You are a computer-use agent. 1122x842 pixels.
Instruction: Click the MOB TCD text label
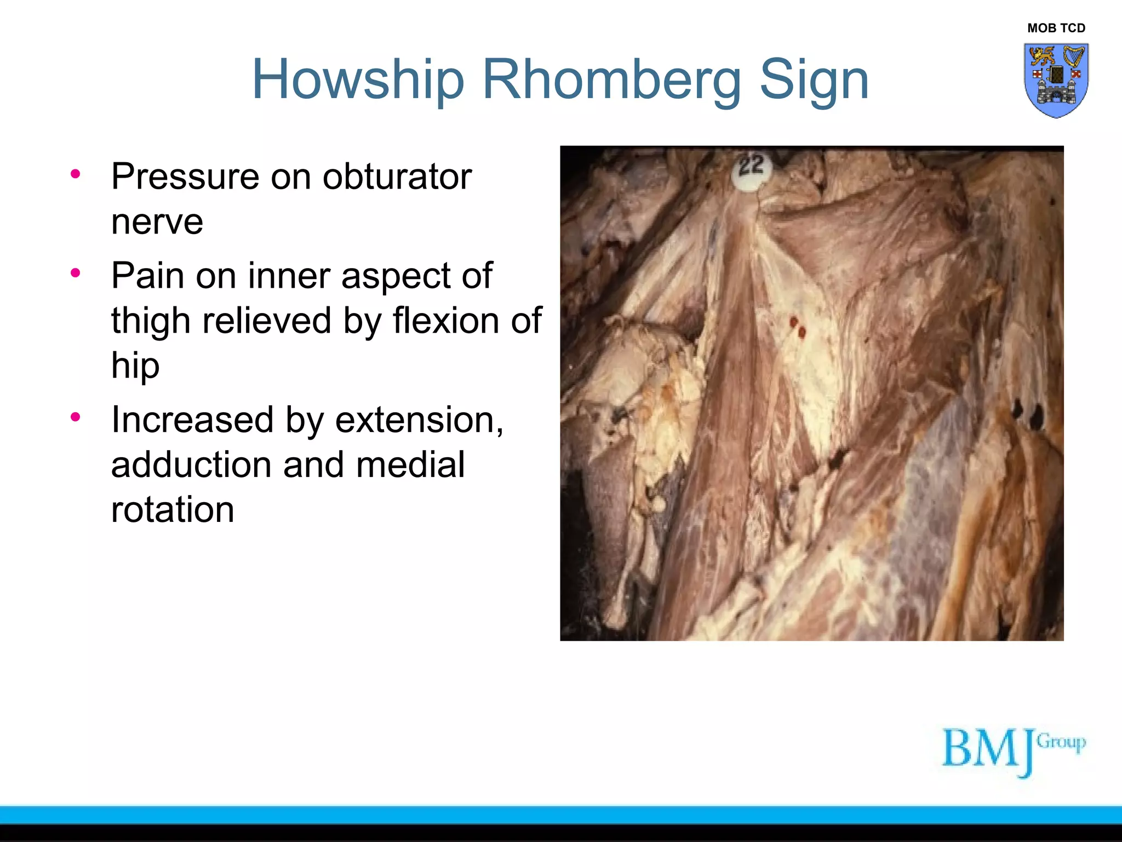(1056, 28)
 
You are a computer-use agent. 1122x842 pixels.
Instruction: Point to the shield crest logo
(1056, 80)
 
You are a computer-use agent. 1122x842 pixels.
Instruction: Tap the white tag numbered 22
(752, 170)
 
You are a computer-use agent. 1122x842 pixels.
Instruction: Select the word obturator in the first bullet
(397, 177)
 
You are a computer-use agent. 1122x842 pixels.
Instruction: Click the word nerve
(157, 221)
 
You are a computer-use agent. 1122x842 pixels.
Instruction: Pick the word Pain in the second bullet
(147, 275)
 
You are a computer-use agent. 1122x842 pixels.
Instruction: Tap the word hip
(135, 366)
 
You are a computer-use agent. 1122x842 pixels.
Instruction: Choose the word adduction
(191, 465)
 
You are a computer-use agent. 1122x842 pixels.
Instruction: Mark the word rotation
(173, 510)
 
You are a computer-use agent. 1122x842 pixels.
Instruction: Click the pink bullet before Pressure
(76, 174)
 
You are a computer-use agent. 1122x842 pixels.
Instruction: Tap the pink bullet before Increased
(76, 418)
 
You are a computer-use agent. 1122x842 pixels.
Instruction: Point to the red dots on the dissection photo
(798, 327)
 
